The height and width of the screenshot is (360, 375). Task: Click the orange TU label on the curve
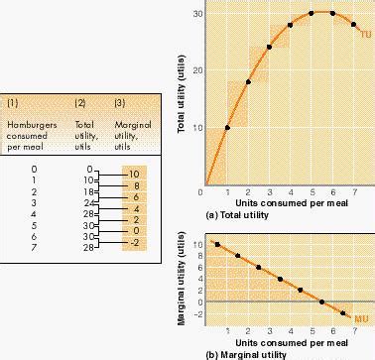coord(365,35)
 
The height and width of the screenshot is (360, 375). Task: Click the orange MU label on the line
coord(363,317)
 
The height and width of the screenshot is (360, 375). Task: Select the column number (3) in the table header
coord(120,103)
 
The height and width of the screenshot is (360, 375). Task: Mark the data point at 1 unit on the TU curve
coord(228,127)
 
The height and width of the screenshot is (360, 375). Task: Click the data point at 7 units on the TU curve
coord(353,24)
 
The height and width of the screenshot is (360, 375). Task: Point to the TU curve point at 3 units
coord(270,47)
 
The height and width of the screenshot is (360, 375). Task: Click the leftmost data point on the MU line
coord(217,244)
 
